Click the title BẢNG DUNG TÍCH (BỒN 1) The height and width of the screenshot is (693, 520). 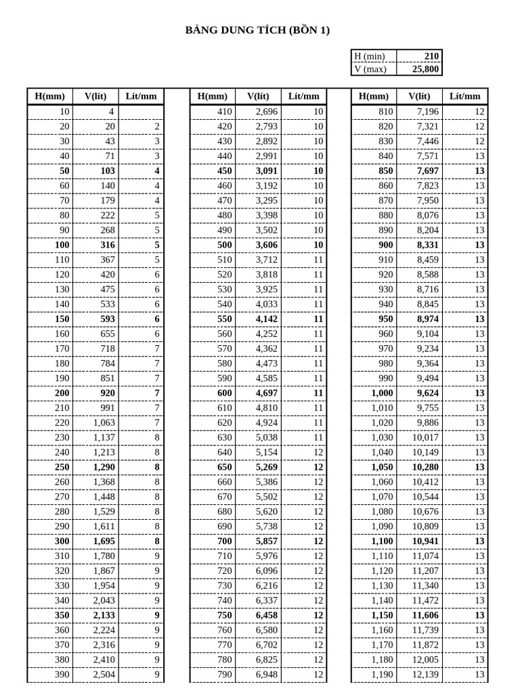pyautogui.click(x=258, y=30)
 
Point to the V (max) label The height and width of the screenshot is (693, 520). pyautogui.click(x=370, y=69)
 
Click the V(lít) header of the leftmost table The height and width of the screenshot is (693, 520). pyautogui.click(x=95, y=96)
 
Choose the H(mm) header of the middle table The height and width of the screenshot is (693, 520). pyautogui.click(x=213, y=96)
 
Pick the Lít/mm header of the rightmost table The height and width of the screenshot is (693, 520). pyautogui.click(x=465, y=96)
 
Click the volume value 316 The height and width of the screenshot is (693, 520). pyautogui.click(x=107, y=244)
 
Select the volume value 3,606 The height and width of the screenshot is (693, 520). pyautogui.click(x=266, y=244)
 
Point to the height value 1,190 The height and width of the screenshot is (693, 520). pyautogui.click(x=381, y=674)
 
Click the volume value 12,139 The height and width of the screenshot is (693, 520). pyautogui.click(x=425, y=674)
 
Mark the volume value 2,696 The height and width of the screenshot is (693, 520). pyautogui.click(x=266, y=111)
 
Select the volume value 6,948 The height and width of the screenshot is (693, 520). pyautogui.click(x=266, y=674)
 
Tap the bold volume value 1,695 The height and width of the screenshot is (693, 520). pyautogui.click(x=104, y=541)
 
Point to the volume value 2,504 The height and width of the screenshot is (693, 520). pyautogui.click(x=104, y=674)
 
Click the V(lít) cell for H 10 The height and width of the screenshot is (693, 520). pyautogui.click(x=111, y=111)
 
